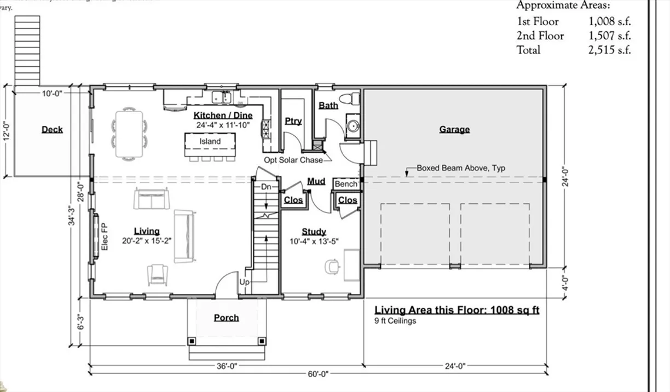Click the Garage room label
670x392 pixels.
click(x=454, y=130)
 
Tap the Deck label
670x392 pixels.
click(x=52, y=130)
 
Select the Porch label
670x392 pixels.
click(x=226, y=318)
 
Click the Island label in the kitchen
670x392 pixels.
click(x=210, y=141)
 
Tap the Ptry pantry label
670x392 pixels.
click(x=293, y=121)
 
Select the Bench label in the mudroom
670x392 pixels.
click(x=345, y=185)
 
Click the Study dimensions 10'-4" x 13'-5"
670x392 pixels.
click(x=314, y=241)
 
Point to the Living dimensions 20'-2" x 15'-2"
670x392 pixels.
click(x=147, y=240)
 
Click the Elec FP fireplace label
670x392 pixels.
click(x=105, y=236)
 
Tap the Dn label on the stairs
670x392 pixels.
click(x=266, y=187)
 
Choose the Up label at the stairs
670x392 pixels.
click(x=245, y=282)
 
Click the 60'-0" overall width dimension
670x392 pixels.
click(x=317, y=374)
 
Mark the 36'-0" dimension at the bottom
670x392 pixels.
click(x=226, y=366)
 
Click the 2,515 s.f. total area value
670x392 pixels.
click(x=610, y=50)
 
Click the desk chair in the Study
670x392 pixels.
click(x=332, y=266)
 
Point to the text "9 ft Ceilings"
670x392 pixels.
click(x=395, y=321)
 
